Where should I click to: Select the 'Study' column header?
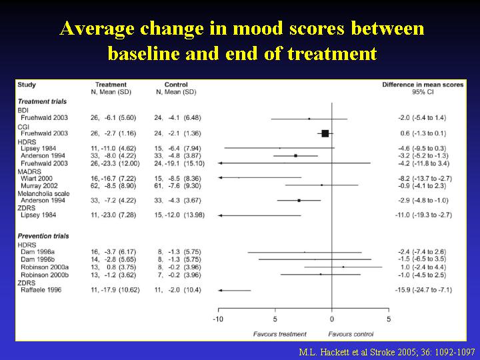[x=27, y=85]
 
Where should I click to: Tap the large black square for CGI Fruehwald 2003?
[x=325, y=133]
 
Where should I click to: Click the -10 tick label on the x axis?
[x=217, y=319]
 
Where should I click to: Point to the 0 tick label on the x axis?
[x=331, y=319]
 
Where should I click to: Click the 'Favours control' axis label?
[x=351, y=332]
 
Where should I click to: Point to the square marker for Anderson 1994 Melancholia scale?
[x=299, y=200]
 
